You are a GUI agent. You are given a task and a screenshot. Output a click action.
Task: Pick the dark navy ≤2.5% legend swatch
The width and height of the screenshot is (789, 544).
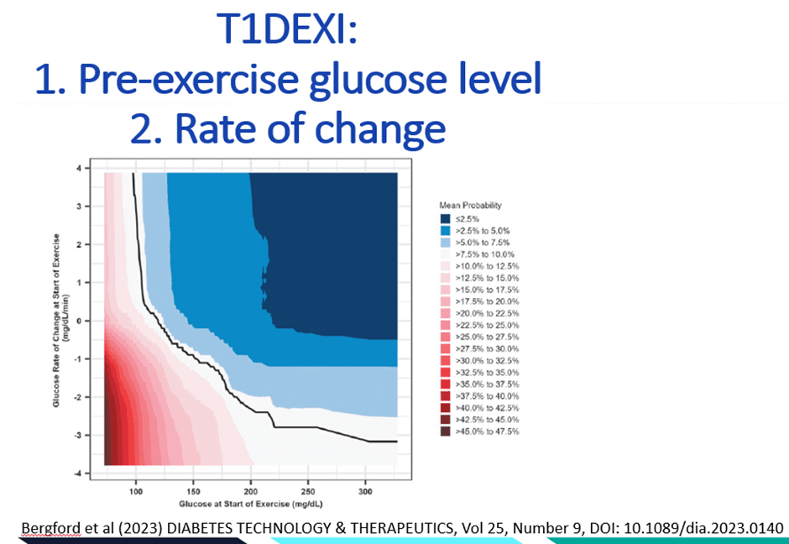445,218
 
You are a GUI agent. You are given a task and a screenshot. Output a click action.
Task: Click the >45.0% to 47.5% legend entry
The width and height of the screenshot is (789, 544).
485,432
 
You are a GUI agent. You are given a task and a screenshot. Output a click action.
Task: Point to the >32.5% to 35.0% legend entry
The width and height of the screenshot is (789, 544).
485,371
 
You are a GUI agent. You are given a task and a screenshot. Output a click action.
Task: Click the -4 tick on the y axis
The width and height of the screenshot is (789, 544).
87,473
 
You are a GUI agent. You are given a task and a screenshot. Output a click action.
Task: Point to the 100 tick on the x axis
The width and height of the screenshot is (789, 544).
136,490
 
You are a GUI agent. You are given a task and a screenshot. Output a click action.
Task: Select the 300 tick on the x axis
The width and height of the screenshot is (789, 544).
365,490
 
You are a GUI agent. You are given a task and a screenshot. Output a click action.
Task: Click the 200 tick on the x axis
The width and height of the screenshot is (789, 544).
251,490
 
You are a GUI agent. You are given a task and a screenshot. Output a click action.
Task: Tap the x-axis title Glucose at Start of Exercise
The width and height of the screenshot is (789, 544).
251,503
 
